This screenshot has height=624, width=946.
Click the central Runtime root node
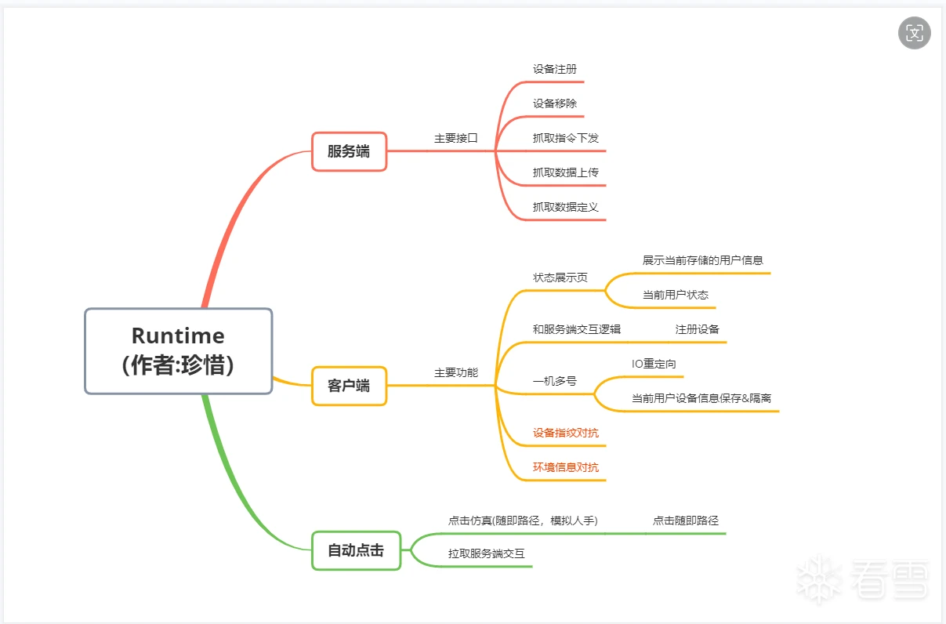tap(178, 350)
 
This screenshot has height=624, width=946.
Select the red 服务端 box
tap(349, 151)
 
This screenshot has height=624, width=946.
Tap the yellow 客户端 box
tap(349, 386)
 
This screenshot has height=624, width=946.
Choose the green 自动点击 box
tap(356, 550)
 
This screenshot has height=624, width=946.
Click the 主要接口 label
tap(456, 138)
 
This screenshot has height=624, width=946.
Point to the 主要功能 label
tap(456, 373)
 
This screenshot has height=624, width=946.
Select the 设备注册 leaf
tap(555, 69)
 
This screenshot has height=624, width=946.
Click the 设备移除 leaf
tap(555, 103)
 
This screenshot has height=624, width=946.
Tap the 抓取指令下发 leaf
tap(566, 138)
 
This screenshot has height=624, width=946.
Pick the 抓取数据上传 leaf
tap(566, 172)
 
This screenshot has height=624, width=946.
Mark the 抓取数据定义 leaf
tap(566, 207)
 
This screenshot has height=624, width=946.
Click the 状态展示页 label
tap(560, 278)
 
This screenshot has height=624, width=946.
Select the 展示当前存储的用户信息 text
tap(703, 260)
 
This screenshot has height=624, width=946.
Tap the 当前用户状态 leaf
tap(676, 295)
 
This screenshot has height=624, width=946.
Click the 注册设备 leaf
tap(698, 329)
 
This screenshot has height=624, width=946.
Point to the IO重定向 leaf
tap(654, 364)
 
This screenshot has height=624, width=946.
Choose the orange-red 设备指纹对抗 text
tap(566, 433)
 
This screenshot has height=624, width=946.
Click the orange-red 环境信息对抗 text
tap(566, 467)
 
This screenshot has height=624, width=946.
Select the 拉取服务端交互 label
tap(487, 553)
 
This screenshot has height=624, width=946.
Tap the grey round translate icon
tap(915, 33)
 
